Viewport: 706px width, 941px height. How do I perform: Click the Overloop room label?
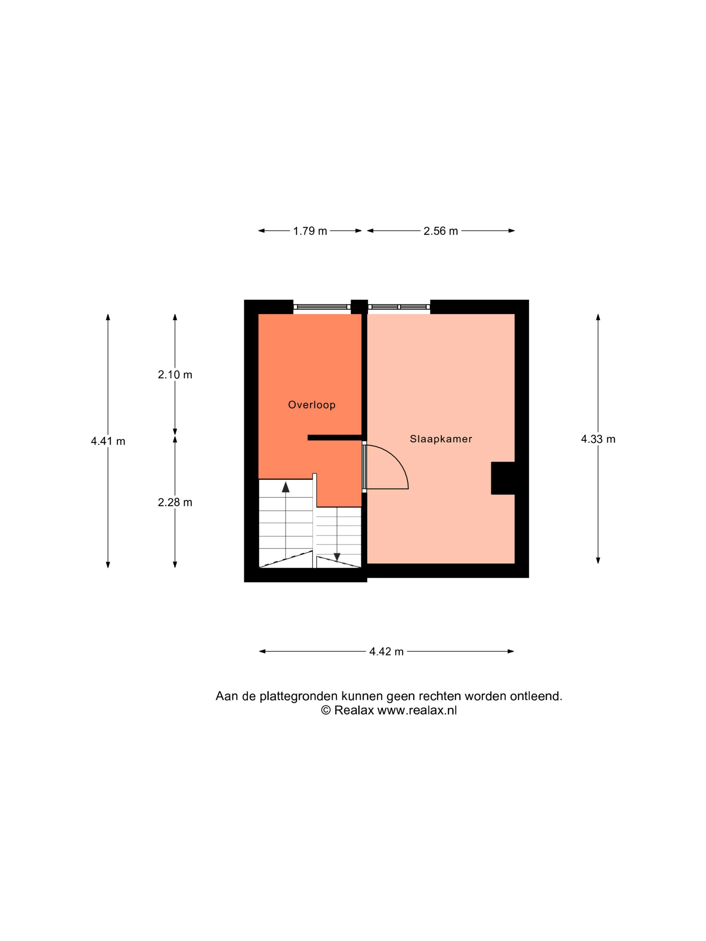[x=312, y=405]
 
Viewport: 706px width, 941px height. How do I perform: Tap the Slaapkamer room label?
[x=441, y=439]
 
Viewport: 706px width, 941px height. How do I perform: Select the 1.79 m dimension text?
[x=310, y=231]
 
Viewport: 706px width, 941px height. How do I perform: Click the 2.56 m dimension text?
[x=440, y=231]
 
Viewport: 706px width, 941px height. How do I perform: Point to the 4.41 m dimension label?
[x=108, y=441]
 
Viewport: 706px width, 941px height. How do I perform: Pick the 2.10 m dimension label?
[x=175, y=375]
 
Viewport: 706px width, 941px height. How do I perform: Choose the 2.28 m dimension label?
[x=175, y=502]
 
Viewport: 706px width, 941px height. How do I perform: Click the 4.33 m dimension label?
[x=598, y=439]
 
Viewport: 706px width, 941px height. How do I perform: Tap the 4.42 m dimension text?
[x=386, y=651]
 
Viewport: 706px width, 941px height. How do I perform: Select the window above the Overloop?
[x=322, y=307]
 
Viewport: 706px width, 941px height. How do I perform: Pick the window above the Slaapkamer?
[x=399, y=307]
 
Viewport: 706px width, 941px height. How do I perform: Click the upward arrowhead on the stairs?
[x=285, y=487]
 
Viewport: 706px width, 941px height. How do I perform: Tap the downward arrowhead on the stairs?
[x=337, y=557]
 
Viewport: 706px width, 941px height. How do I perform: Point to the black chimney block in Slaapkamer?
[x=503, y=478]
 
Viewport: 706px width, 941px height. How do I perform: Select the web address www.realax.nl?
[x=417, y=710]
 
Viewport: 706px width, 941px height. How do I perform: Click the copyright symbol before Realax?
[x=325, y=710]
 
